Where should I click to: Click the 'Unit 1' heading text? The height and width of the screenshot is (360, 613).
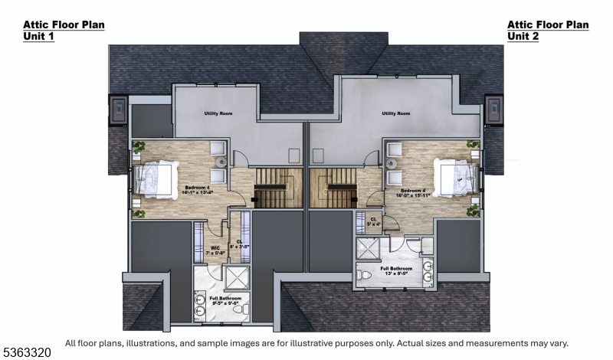[x=40, y=36]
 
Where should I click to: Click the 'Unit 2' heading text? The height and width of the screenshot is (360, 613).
[x=523, y=36]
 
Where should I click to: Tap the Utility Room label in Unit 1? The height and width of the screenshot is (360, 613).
[x=218, y=114]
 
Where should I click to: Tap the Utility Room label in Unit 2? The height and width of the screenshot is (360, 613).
[x=395, y=114]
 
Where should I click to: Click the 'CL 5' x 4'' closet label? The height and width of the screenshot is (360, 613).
[x=373, y=221]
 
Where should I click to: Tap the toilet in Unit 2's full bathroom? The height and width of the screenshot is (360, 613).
[x=366, y=273]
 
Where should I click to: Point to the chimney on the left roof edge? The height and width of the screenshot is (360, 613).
[x=119, y=110]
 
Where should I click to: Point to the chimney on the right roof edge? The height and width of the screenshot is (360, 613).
[x=494, y=110]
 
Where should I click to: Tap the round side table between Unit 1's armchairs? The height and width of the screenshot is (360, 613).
[x=218, y=162]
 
